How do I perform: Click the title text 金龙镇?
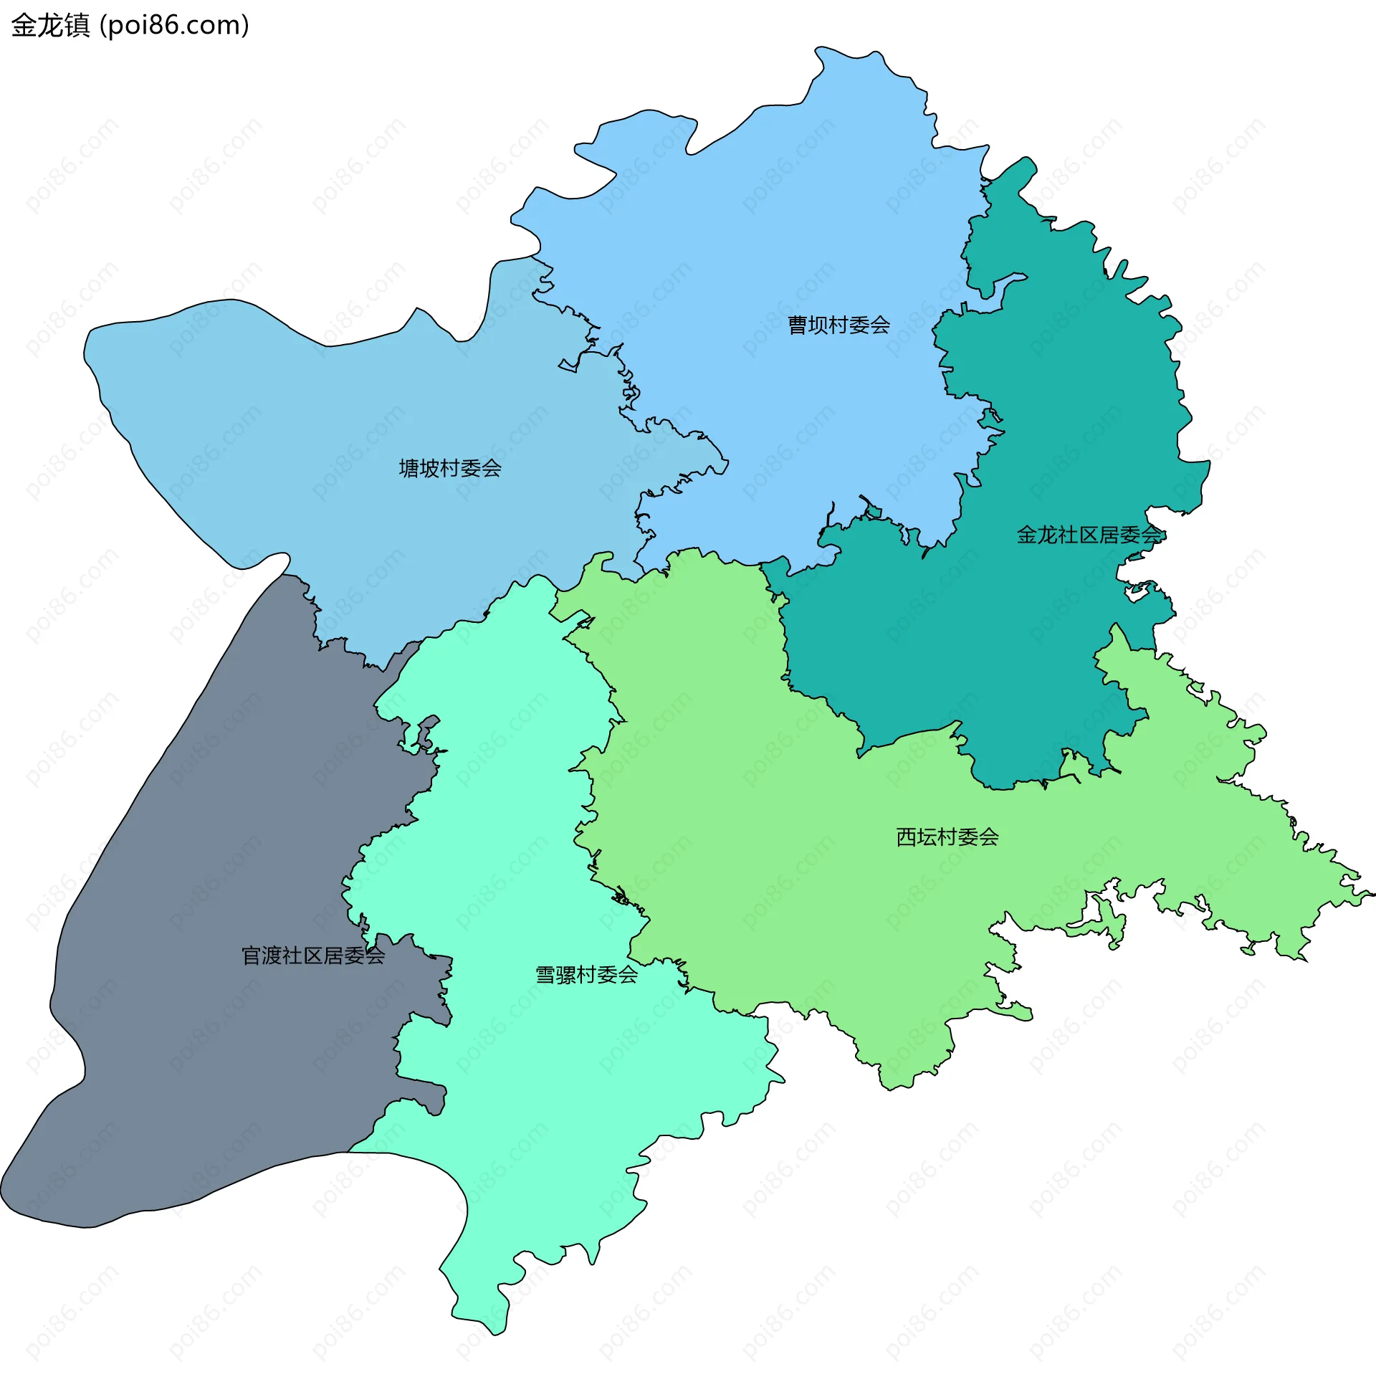pyautogui.click(x=50, y=26)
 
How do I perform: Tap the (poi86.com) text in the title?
pyautogui.click(x=175, y=26)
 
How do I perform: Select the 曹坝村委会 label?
pyautogui.click(x=838, y=325)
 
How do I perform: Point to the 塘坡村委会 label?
pyautogui.click(x=450, y=469)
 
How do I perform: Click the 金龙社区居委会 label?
pyautogui.click(x=1089, y=535)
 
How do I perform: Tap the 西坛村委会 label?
pyautogui.click(x=947, y=837)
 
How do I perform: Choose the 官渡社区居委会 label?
pyautogui.click(x=313, y=956)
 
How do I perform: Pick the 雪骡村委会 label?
pyautogui.click(x=587, y=975)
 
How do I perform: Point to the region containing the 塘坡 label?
pyautogui.click(x=322, y=430)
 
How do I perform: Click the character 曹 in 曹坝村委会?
pyautogui.click(x=798, y=325)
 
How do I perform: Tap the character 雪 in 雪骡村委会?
pyautogui.click(x=546, y=975)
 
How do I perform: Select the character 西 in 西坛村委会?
pyautogui.click(x=907, y=837)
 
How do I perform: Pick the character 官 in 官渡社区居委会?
pyautogui.click(x=252, y=956)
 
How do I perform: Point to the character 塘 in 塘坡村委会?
pyautogui.click(x=409, y=469)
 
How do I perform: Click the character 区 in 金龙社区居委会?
pyautogui.click(x=1089, y=535)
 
